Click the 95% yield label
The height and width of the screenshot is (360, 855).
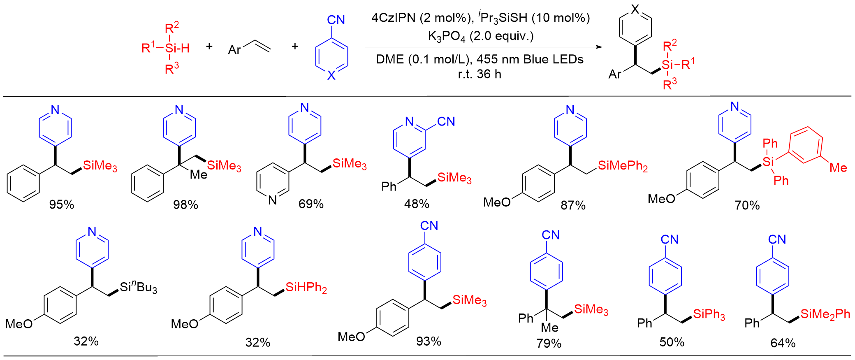[62, 204]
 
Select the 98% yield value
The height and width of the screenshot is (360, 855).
[185, 204]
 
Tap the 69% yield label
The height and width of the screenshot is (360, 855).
[311, 204]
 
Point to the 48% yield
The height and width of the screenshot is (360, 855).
[417, 204]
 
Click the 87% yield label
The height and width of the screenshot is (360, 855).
[573, 205]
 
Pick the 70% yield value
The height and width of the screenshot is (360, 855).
[747, 205]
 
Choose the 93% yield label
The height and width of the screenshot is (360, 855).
[429, 341]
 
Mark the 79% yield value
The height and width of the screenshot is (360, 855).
[549, 343]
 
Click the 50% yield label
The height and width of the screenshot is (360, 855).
[672, 342]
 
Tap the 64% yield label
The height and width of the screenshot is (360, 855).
[783, 343]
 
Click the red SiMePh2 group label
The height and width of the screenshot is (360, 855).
[623, 166]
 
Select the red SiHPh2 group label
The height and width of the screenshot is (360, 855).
[306, 288]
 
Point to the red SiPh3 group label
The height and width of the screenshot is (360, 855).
[709, 314]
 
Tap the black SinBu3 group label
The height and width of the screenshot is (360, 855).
[139, 287]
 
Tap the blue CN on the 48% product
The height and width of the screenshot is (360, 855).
[446, 121]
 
